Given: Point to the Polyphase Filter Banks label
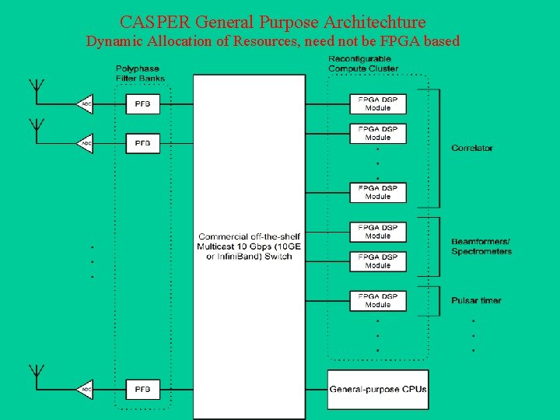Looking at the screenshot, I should pyautogui.click(x=140, y=73).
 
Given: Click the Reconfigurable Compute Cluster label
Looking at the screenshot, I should pyautogui.click(x=363, y=64).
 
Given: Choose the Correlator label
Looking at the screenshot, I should pyautogui.click(x=471, y=148).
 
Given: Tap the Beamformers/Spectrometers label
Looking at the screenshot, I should pyautogui.click(x=481, y=247).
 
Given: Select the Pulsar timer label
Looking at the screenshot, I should pyautogui.click(x=476, y=300).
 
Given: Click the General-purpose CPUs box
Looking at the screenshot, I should pyautogui.click(x=378, y=388).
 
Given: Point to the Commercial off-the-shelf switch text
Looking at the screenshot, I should pyautogui.click(x=249, y=247).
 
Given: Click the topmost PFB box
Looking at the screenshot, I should pyautogui.click(x=143, y=103).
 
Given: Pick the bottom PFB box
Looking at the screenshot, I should pyautogui.click(x=143, y=389).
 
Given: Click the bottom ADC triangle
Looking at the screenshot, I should pyautogui.click(x=86, y=389).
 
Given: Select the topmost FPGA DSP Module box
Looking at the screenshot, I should pyautogui.click(x=378, y=103).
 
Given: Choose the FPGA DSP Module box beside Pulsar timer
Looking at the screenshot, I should pyautogui.click(x=378, y=300).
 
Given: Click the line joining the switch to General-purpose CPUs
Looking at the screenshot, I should pyautogui.click(x=317, y=388).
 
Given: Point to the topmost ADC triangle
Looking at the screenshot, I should pyautogui.click(x=86, y=103).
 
